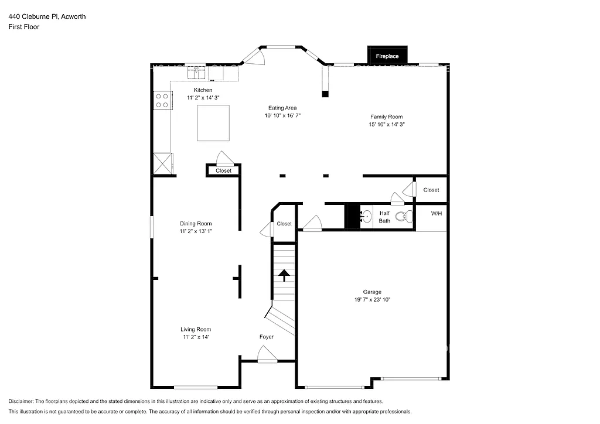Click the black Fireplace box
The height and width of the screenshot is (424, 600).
point(387,55)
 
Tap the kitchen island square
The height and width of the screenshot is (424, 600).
point(213,123)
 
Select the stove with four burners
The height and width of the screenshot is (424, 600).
point(162,100)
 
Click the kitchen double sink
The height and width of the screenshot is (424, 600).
point(196,73)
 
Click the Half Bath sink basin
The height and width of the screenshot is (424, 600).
point(366,217)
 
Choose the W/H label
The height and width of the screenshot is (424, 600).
point(437,214)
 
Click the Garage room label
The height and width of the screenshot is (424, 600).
point(371,292)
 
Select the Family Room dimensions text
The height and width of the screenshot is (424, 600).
point(387,125)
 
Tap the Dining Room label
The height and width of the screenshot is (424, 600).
point(196,224)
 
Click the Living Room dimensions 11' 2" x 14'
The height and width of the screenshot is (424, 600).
point(196,337)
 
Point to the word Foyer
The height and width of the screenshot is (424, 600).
point(267,337)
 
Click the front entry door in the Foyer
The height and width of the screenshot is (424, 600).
point(267,354)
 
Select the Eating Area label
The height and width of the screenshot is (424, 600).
point(282,108)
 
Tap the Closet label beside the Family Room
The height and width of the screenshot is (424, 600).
point(431,190)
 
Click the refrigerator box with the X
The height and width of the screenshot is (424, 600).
point(163,163)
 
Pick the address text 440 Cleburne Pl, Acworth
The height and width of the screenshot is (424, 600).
point(47,16)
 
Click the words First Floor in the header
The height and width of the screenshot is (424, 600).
point(24,27)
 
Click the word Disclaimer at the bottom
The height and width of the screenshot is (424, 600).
point(21,401)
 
